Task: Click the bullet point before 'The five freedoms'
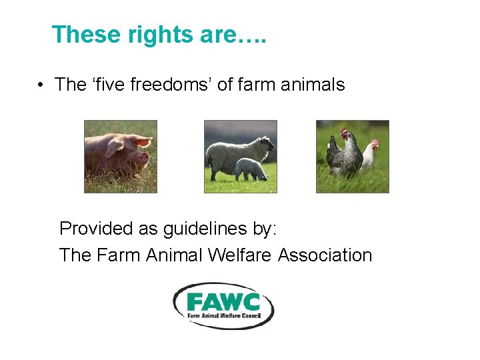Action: click(41, 85)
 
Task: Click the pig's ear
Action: click(141, 141)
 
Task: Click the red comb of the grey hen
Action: click(343, 131)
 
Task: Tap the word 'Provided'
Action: click(96, 229)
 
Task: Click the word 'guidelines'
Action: click(205, 229)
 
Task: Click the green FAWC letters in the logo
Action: click(223, 300)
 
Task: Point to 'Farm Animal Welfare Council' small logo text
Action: click(224, 314)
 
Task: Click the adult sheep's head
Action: click(267, 143)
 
